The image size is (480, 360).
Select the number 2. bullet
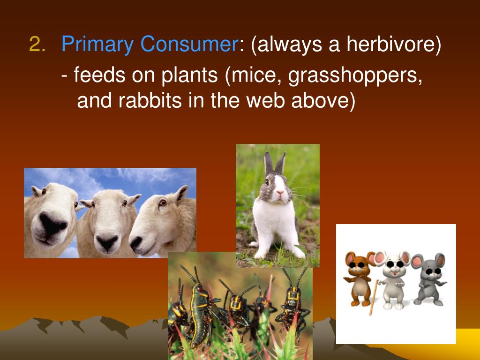(x=37, y=45)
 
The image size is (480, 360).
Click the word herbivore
(x=393, y=45)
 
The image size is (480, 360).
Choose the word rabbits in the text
(x=143, y=100)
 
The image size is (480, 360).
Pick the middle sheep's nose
(x=107, y=242)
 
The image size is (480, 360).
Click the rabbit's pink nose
(x=280, y=193)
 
